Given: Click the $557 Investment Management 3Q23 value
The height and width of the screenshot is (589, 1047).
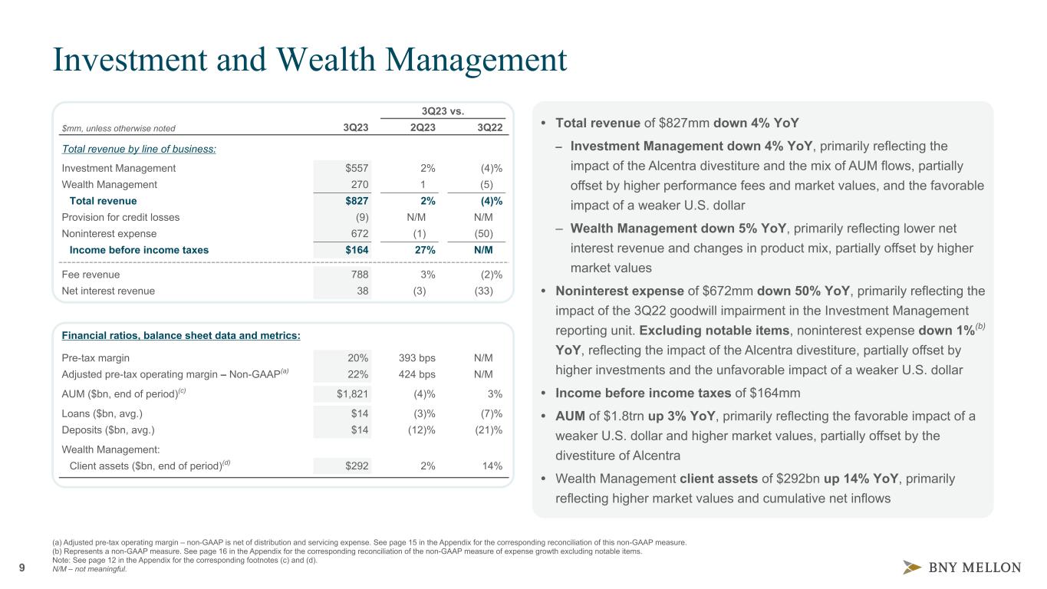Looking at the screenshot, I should [355, 168].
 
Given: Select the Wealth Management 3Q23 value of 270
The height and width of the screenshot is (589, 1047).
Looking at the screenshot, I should [358, 184].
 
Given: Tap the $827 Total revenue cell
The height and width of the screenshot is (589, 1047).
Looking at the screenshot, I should [355, 201].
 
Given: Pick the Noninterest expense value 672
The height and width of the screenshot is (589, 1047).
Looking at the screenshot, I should [358, 233].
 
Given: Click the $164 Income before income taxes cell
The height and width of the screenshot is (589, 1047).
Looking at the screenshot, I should [355, 249].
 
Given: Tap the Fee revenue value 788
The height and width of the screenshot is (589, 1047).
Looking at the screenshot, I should [358, 274].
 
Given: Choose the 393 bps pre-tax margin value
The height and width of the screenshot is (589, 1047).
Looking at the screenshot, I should [416, 357].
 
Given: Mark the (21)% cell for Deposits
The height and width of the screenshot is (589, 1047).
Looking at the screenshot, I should [489, 429].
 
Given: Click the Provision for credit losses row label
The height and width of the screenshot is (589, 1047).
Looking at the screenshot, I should [120, 217].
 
